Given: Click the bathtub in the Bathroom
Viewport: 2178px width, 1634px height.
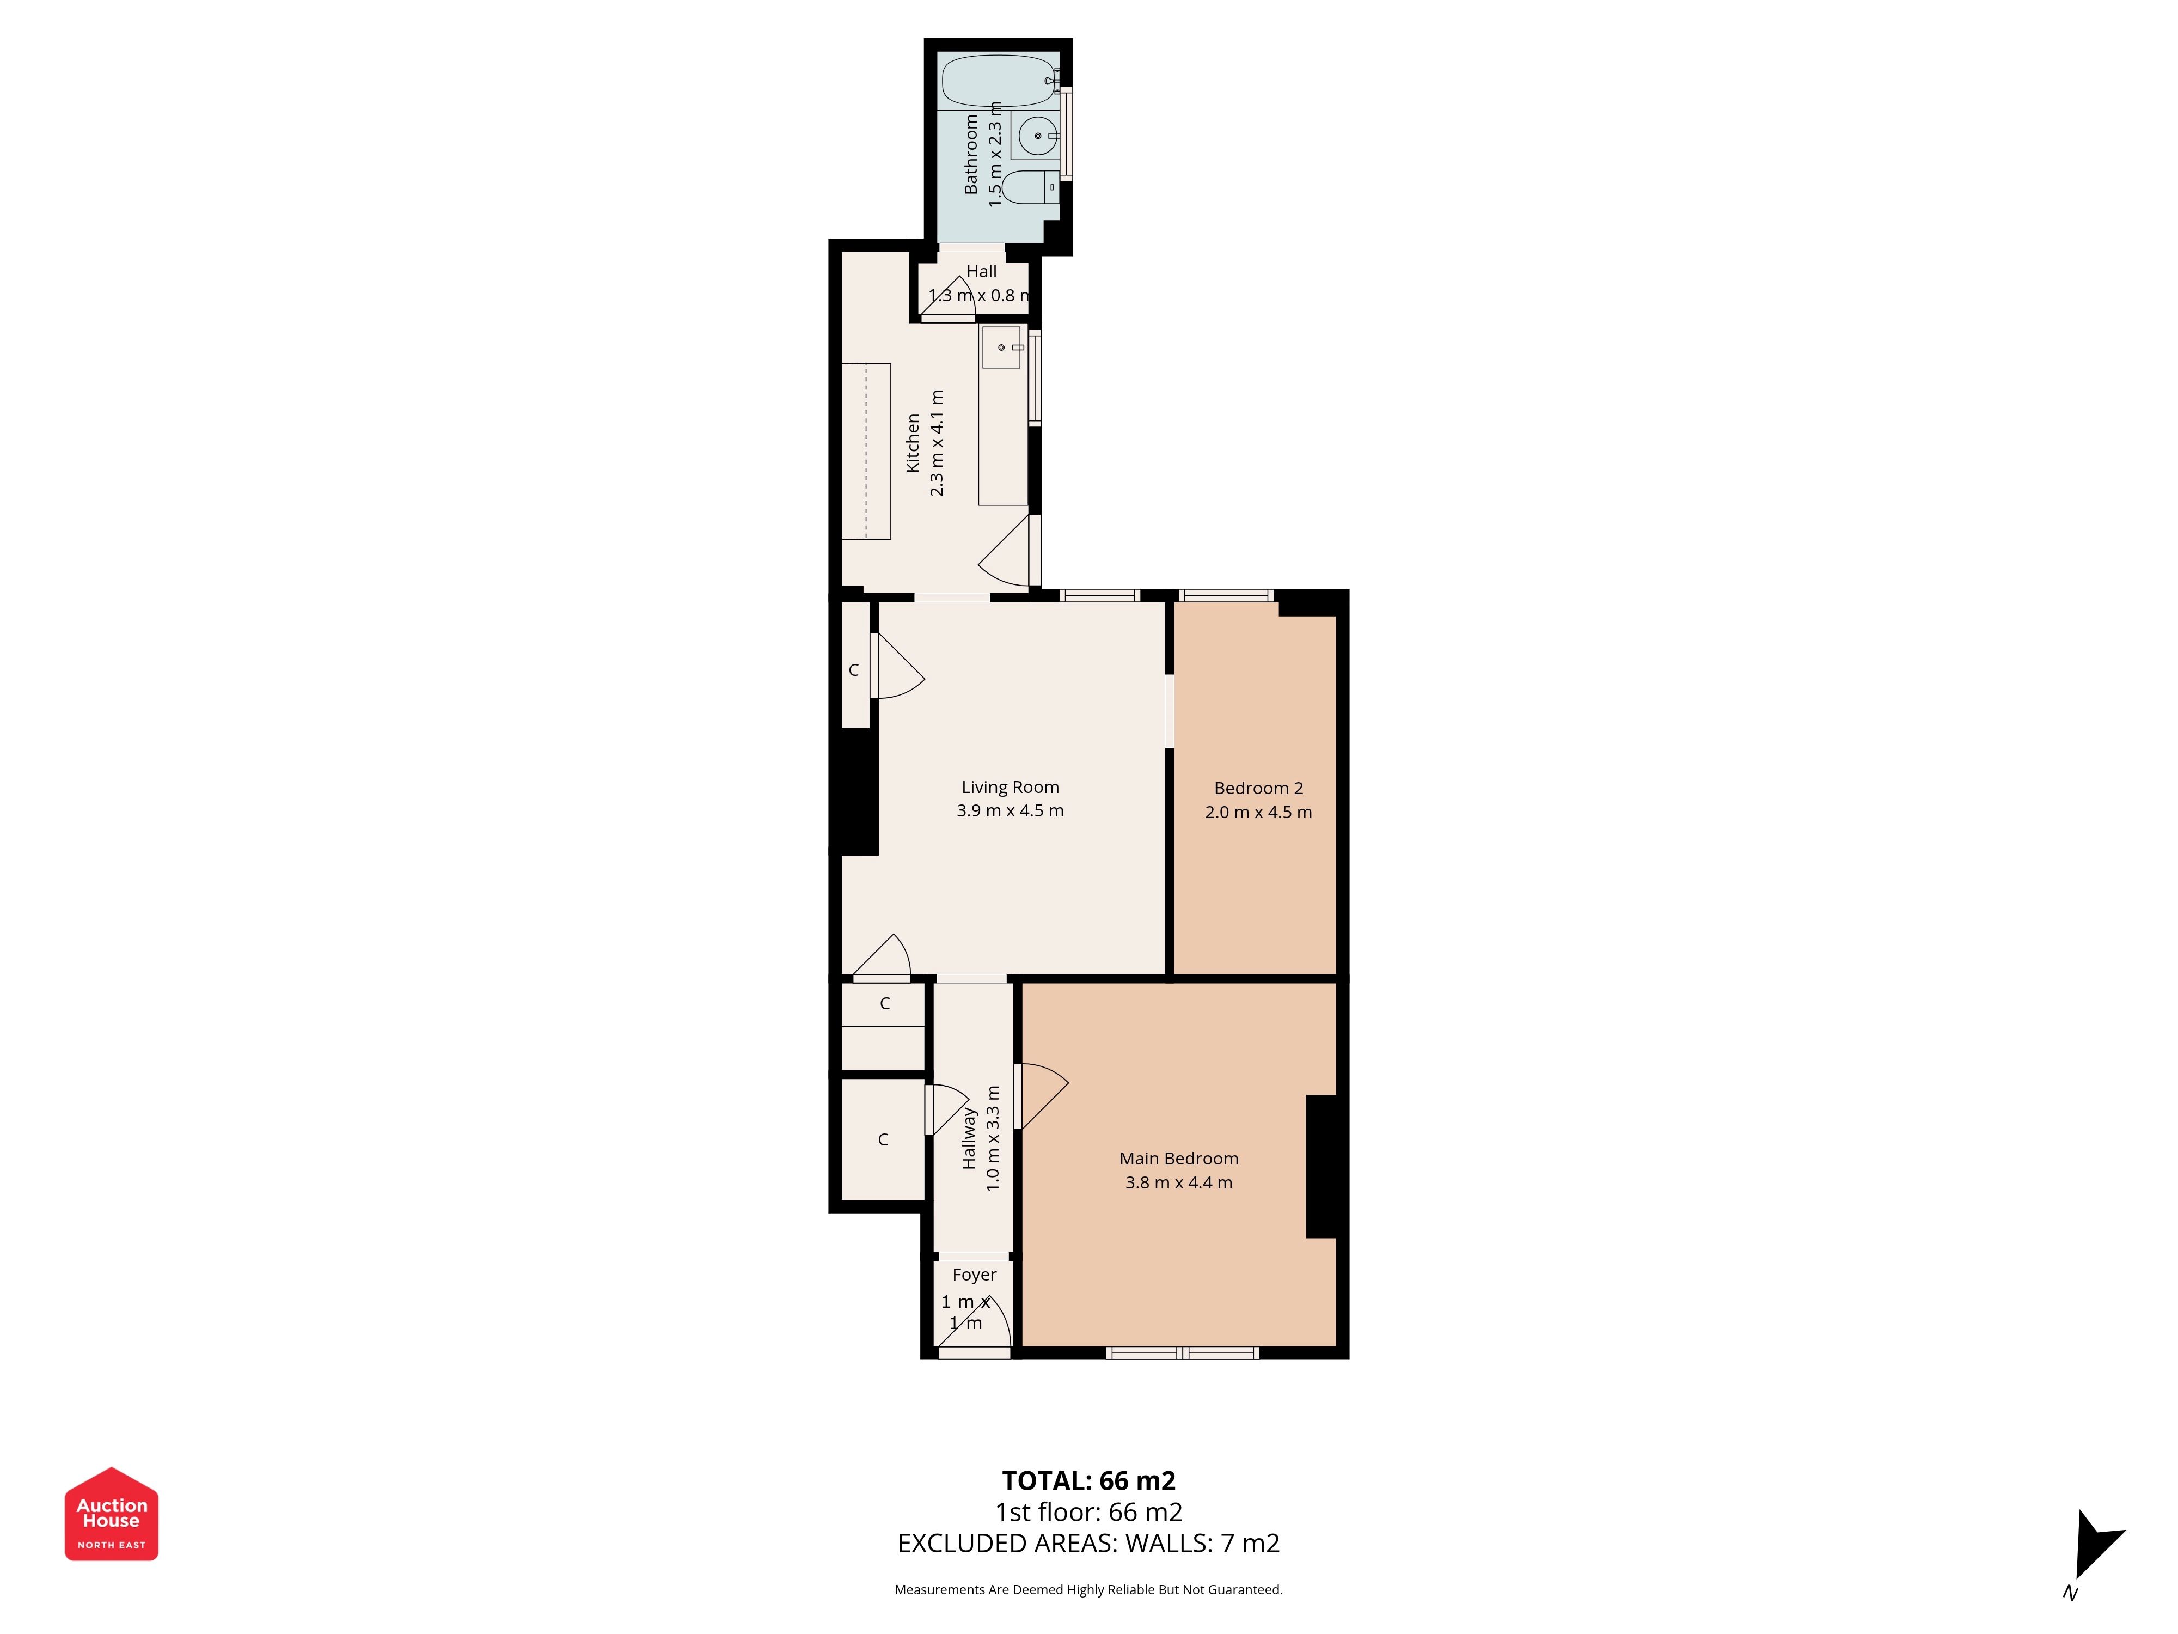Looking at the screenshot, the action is [999, 81].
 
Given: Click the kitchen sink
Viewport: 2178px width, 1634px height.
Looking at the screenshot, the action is [1001, 347].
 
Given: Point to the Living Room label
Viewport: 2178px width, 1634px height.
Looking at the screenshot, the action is [1010, 787].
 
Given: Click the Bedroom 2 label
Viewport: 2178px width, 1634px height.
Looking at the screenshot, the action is [1258, 788].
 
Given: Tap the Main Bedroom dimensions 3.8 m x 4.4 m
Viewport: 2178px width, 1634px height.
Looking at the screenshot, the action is [1179, 1182].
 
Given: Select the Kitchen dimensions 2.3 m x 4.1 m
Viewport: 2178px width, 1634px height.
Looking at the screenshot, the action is [937, 443].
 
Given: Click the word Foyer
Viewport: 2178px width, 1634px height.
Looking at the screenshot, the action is [974, 1275].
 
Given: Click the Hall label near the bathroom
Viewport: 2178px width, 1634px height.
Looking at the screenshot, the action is [981, 271].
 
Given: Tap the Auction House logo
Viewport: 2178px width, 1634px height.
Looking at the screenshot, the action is [111, 1514].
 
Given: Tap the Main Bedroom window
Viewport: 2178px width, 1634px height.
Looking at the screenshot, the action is [1183, 1353].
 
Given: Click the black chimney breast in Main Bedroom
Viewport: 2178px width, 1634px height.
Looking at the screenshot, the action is [1322, 1166].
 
